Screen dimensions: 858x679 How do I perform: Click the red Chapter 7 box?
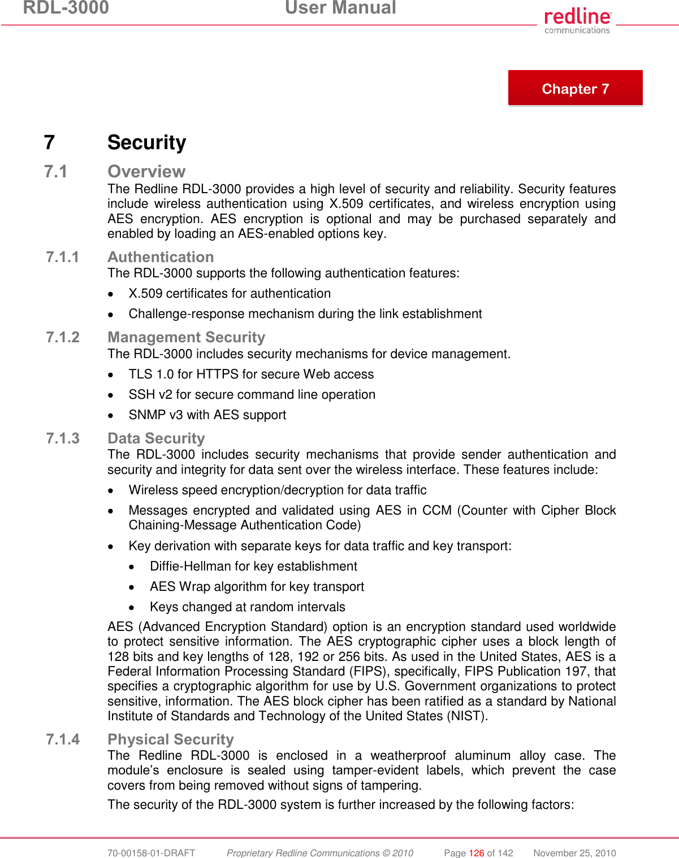(575, 88)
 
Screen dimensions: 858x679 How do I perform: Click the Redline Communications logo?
(577, 21)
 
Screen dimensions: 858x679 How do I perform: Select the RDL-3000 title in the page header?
(66, 8)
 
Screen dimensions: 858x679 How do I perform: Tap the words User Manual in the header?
(340, 8)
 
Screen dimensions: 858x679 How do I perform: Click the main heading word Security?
(146, 142)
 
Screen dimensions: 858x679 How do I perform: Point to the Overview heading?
(146, 171)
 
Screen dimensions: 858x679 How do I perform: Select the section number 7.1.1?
(62, 257)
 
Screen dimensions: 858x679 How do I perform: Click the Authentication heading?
(161, 257)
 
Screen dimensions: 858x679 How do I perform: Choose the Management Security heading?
(186, 337)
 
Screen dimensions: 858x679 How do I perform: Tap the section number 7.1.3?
(62, 438)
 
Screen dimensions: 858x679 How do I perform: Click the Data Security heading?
(156, 438)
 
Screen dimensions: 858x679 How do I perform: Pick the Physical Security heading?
(170, 739)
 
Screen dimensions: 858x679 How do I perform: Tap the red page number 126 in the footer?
(477, 853)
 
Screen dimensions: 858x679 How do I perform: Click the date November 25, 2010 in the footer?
(574, 853)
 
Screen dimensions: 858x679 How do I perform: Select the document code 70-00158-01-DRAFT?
(151, 853)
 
